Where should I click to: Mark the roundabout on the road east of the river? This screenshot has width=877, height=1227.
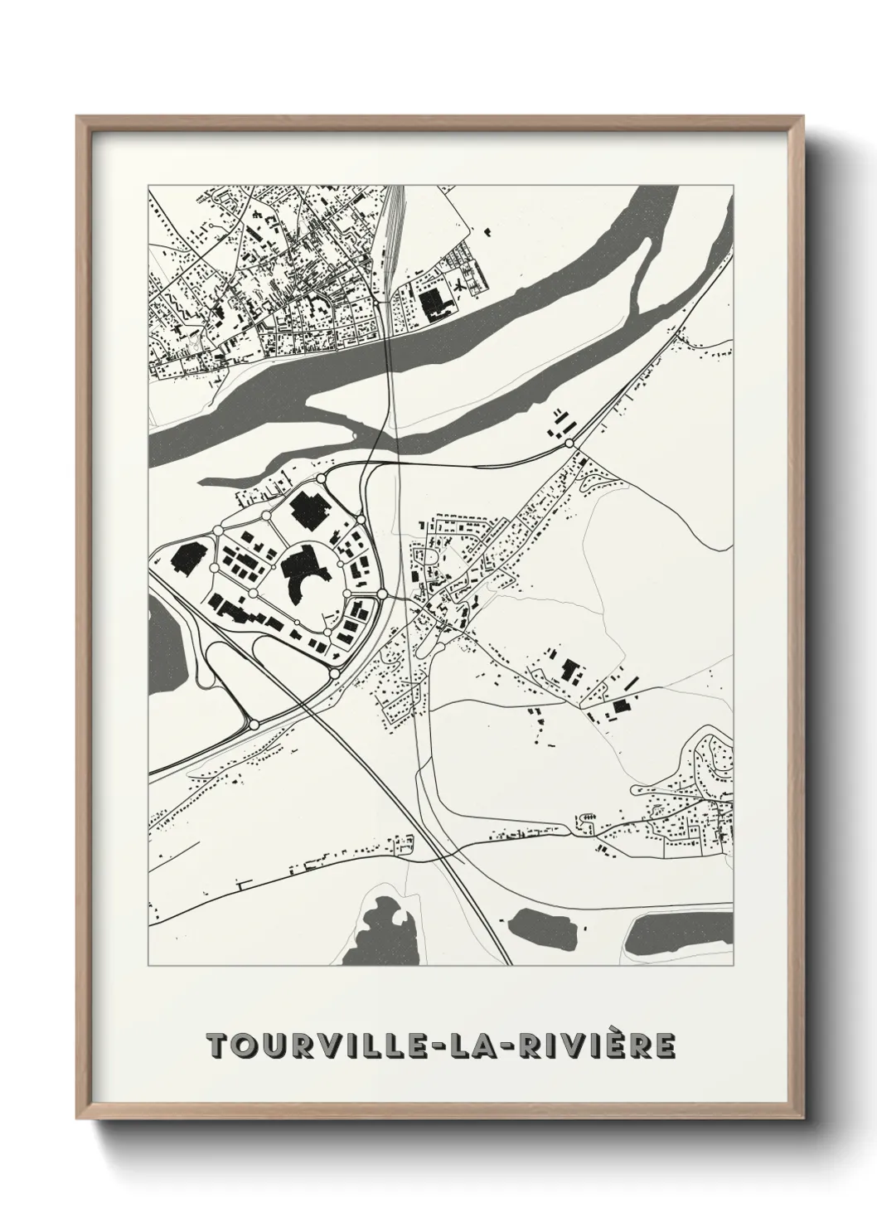tap(569, 444)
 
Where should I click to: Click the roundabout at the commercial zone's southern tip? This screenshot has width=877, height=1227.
tap(334, 674)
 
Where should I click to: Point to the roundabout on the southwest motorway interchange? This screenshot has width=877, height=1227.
tap(254, 724)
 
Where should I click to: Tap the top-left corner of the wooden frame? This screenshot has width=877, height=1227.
tap(79, 119)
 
